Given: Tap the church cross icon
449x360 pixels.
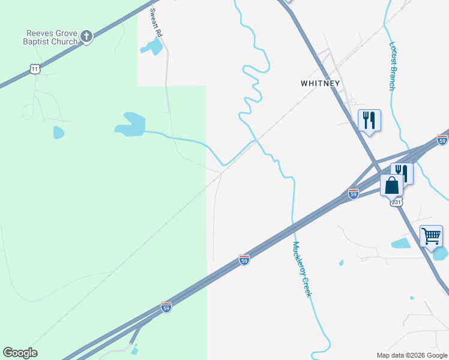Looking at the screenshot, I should (86, 37).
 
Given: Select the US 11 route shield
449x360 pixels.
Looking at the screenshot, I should (35, 70).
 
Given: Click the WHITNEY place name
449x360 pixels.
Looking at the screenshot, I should (321, 83).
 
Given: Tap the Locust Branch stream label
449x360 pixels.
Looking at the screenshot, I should (392, 65).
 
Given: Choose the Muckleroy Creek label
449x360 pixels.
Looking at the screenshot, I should (302, 269).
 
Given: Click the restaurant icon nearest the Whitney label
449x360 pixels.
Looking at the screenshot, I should (369, 121).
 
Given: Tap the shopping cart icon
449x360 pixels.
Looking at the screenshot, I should (431, 236).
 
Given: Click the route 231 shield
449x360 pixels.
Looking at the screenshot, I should (396, 203).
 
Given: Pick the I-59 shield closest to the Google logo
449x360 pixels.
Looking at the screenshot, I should (166, 307).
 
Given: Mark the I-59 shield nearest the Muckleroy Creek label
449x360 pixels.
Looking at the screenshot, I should (244, 260).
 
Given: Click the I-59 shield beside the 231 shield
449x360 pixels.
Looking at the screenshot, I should (354, 194).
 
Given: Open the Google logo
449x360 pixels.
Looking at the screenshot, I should (20, 353).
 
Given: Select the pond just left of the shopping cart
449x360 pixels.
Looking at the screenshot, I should (401, 244).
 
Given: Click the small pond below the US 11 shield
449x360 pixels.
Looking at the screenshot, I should (58, 133).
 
